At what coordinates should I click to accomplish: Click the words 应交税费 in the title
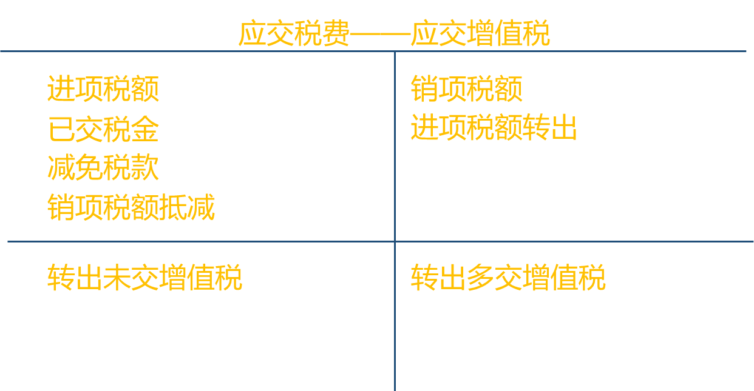[294, 33]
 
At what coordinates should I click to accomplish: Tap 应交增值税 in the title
[480, 33]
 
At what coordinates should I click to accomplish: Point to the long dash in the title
[380, 35]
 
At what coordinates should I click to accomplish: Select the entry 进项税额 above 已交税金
[103, 89]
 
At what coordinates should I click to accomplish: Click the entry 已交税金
[103, 129]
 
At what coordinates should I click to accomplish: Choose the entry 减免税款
[103, 168]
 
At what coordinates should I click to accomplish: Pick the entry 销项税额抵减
[131, 208]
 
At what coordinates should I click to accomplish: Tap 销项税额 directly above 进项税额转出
[466, 89]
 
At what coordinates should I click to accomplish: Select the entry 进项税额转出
[494, 128]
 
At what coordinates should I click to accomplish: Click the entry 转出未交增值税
[144, 278]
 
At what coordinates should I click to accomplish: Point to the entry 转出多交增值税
[508, 278]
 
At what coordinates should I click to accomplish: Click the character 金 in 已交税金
[145, 129]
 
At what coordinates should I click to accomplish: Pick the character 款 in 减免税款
[145, 168]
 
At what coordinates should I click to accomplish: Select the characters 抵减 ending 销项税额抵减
[187, 208]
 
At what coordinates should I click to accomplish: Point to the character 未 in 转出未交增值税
[117, 278]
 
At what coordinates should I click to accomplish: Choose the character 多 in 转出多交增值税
[480, 278]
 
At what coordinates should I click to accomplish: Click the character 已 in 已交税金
[61, 129]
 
